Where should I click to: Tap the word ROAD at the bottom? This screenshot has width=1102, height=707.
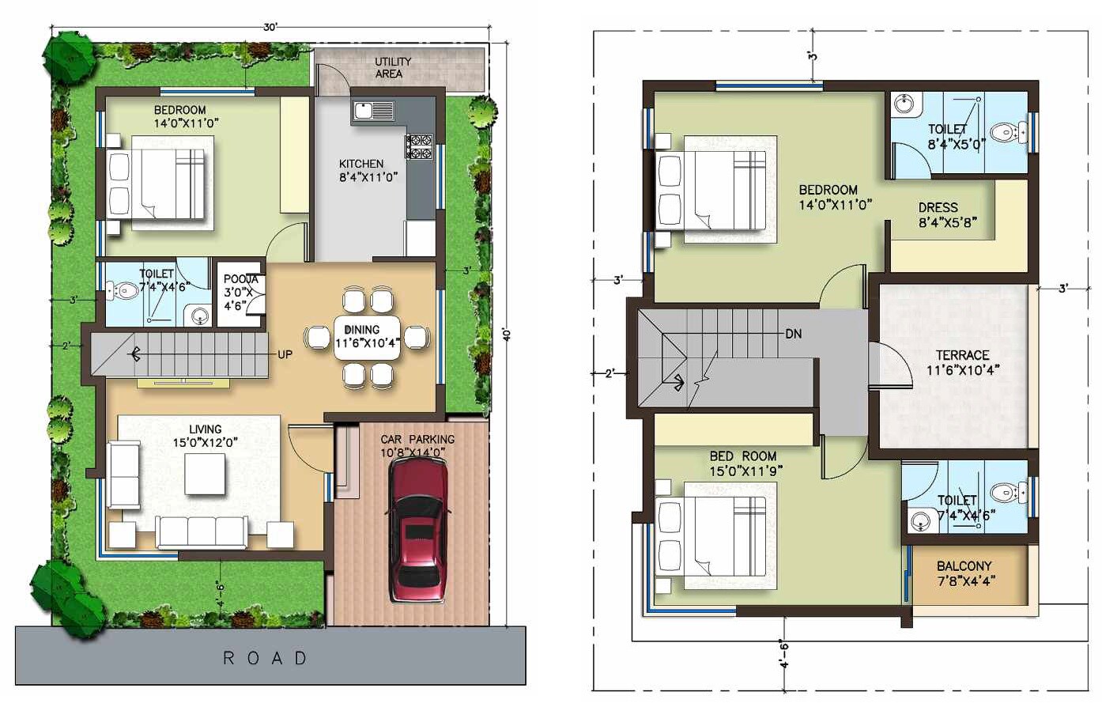point(266,658)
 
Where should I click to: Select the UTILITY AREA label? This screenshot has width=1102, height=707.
point(392,67)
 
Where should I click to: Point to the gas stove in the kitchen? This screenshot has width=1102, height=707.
point(419,147)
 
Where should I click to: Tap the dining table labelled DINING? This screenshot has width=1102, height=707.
point(368,337)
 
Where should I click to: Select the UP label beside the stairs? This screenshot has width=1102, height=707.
point(285,354)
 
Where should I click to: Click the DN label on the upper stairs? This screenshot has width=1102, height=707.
point(794,334)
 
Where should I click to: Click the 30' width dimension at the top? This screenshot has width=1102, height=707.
point(270,27)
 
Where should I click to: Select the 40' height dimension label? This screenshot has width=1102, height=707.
point(508,334)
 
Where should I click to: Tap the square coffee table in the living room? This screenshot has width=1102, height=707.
point(206,474)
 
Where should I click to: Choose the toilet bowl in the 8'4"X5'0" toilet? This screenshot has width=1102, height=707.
point(1004,132)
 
